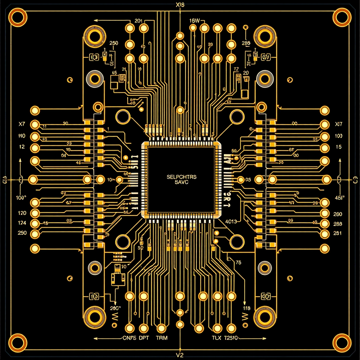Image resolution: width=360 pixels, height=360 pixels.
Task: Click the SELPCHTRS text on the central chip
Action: [182, 177]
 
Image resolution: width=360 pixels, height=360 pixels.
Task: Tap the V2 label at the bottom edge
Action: [179, 355]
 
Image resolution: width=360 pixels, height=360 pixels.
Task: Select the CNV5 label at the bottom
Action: [129, 338]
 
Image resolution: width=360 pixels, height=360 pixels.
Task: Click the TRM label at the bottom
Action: [161, 338]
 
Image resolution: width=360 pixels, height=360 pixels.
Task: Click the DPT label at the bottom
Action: [144, 338]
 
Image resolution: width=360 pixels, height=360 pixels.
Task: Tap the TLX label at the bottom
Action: [216, 338]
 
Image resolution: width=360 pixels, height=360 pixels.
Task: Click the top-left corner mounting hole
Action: [18, 17]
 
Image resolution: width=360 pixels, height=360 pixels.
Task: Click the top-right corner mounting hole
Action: [342, 17]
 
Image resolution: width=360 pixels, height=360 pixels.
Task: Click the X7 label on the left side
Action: [22, 124]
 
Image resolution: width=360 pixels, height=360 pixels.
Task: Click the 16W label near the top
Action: [194, 21]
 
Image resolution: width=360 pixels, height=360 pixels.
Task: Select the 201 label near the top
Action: [138, 21]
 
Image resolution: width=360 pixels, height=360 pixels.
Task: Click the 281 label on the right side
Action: [337, 233]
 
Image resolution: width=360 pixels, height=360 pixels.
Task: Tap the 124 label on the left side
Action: [22, 223]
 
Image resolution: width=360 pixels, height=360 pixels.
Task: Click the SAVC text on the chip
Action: [182, 182]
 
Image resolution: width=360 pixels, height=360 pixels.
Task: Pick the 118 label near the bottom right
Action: [246, 308]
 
